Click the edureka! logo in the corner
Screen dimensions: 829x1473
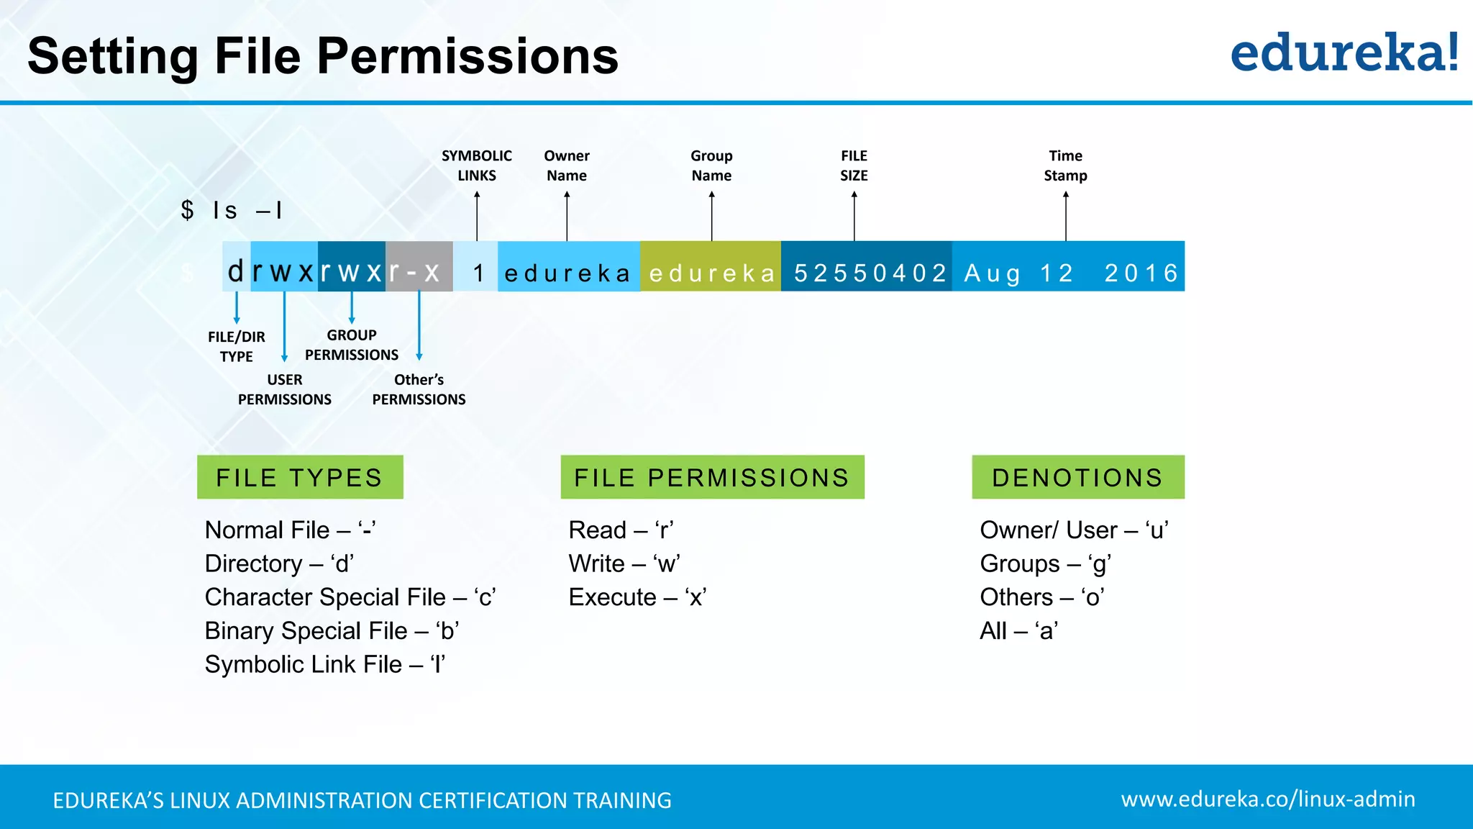click(x=1344, y=53)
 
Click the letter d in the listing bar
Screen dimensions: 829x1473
click(x=236, y=272)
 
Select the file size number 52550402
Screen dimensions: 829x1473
click(x=870, y=273)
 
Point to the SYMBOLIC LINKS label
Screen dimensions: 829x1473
click(x=477, y=166)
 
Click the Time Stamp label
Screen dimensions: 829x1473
click(x=1065, y=166)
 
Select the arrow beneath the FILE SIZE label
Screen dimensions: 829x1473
click(x=854, y=216)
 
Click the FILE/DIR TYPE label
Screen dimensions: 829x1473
click(x=236, y=346)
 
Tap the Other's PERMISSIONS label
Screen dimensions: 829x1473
click(x=419, y=389)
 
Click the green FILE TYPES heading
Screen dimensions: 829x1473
click(x=300, y=477)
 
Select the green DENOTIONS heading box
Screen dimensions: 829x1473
click(x=1077, y=477)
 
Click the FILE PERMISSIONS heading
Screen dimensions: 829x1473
click(x=712, y=477)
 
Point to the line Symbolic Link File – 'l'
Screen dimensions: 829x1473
click(x=325, y=664)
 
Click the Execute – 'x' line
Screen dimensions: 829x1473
click(x=637, y=597)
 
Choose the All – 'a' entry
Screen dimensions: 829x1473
click(x=1018, y=631)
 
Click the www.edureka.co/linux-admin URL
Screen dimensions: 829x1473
click(x=1268, y=799)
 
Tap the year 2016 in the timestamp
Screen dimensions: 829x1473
click(x=1141, y=273)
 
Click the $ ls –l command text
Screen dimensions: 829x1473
click(x=232, y=210)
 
